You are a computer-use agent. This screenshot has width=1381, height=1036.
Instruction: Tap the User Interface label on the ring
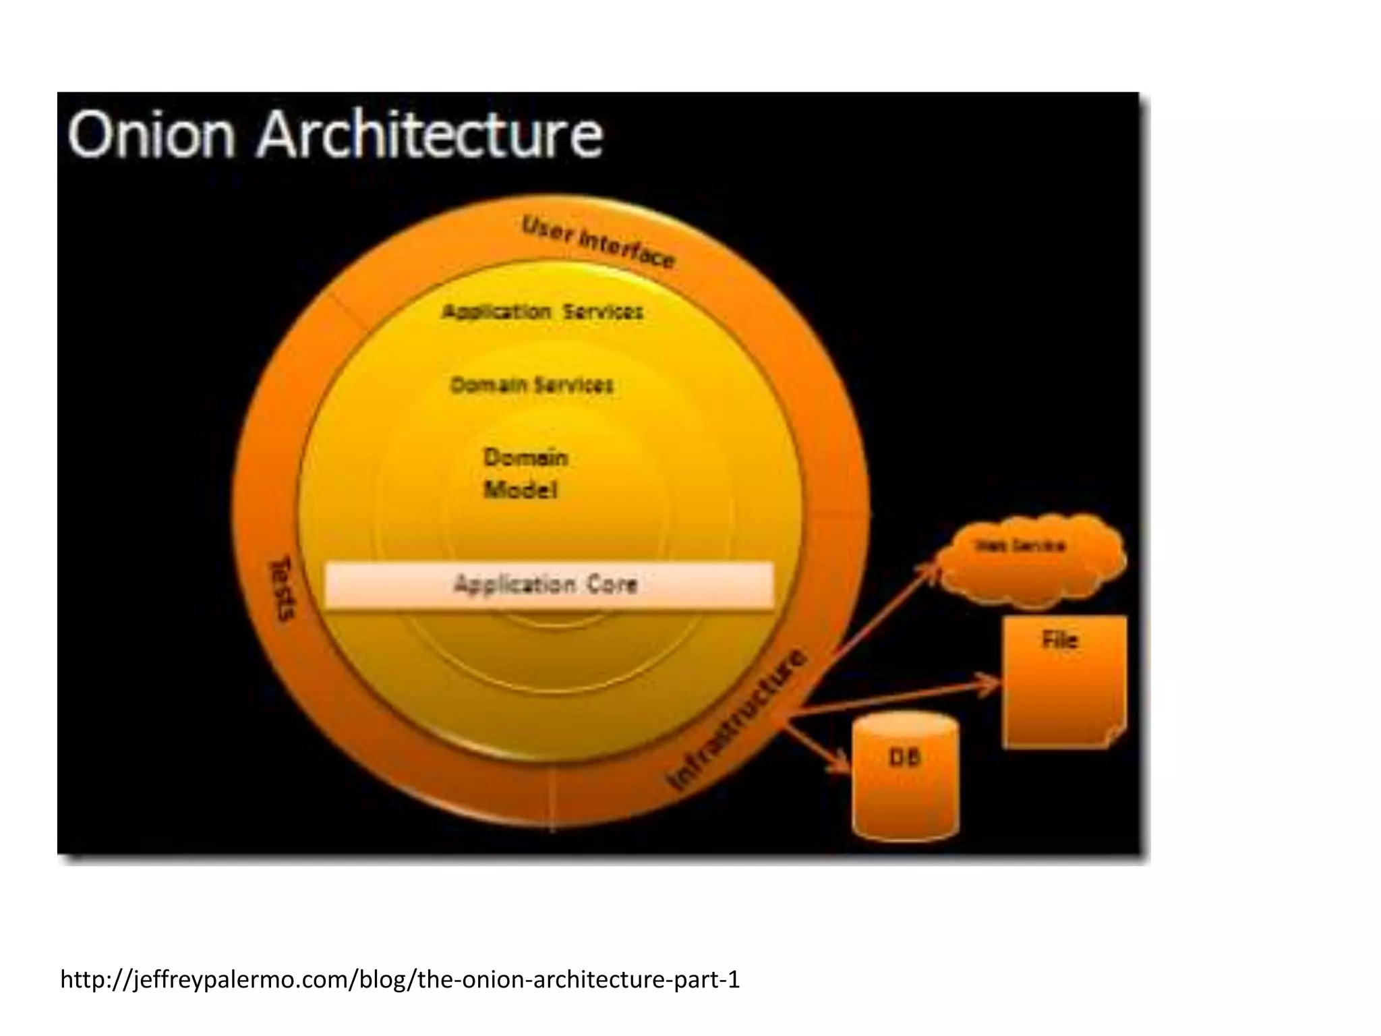tap(597, 241)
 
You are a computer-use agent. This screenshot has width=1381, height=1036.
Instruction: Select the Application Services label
tap(542, 312)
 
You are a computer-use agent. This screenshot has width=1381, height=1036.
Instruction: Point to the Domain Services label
tap(531, 385)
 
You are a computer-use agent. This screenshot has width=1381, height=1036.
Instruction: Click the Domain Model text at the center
tap(525, 473)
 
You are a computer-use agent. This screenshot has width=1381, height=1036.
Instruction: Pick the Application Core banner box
tap(549, 585)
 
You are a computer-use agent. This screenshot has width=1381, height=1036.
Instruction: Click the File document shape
tap(1064, 681)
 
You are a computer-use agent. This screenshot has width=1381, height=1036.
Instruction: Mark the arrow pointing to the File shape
tap(897, 699)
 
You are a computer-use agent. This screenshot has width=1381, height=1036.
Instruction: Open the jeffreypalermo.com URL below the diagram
tap(400, 979)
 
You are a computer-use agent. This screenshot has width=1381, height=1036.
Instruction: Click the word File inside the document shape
tap(1059, 639)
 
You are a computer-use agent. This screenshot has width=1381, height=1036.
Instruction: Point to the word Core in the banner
tap(612, 584)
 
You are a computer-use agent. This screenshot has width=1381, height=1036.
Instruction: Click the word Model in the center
tap(521, 490)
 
